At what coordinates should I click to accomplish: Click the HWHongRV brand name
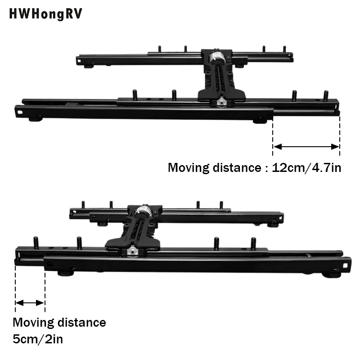click(x=46, y=14)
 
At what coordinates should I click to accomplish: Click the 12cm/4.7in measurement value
click(x=306, y=168)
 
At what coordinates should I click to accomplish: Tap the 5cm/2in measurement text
click(x=38, y=338)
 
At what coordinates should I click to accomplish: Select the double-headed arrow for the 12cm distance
click(x=306, y=146)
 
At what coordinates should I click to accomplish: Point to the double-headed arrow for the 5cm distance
click(x=30, y=303)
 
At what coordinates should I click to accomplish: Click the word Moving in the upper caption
click(x=189, y=168)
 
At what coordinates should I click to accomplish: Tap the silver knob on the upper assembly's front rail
click(x=221, y=103)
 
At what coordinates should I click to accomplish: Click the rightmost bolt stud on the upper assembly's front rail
click(x=326, y=95)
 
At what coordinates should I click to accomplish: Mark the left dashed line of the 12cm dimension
click(x=273, y=135)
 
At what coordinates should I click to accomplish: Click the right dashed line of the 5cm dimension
click(x=45, y=288)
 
